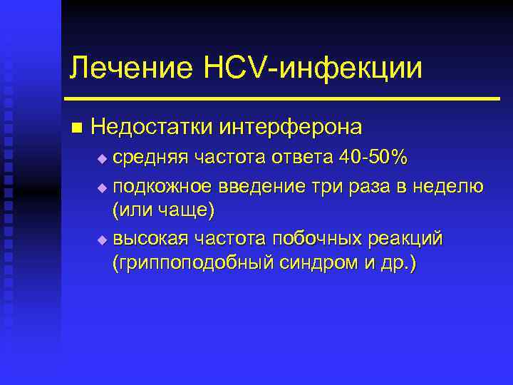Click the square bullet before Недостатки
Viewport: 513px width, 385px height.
[76, 128]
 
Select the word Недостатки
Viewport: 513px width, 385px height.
[152, 128]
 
